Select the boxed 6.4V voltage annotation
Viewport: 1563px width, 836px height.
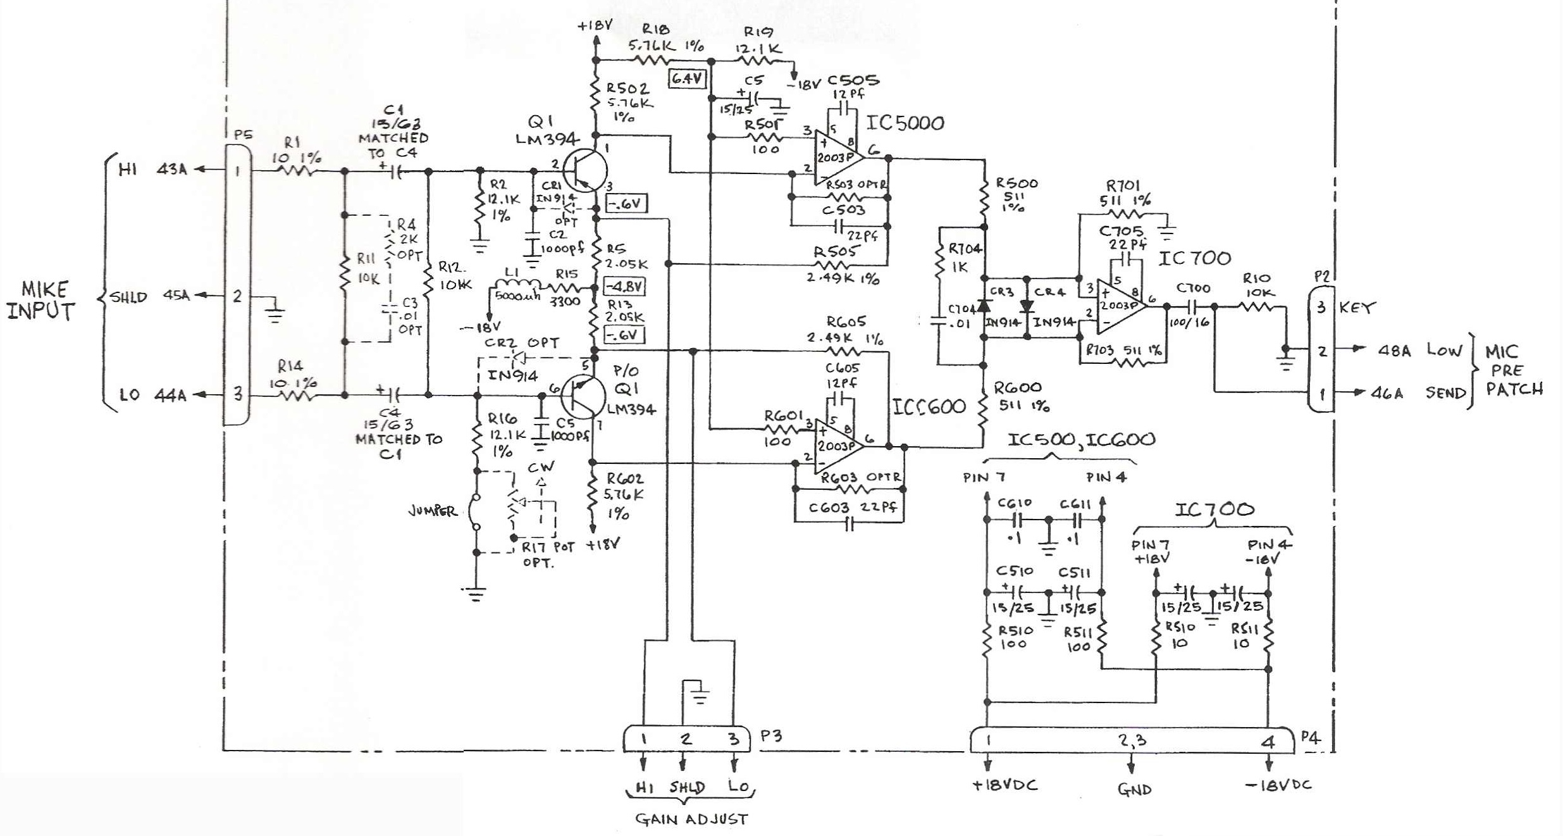pyautogui.click(x=688, y=79)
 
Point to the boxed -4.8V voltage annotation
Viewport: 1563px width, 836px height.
pyautogui.click(x=624, y=286)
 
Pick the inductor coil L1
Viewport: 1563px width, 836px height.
pyautogui.click(x=515, y=286)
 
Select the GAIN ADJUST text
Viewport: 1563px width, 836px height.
pyautogui.click(x=691, y=820)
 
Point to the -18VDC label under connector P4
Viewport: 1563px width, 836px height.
pyautogui.click(x=1278, y=785)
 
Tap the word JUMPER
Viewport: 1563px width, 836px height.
pyautogui.click(x=433, y=511)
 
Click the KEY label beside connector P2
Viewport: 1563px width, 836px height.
pyautogui.click(x=1357, y=308)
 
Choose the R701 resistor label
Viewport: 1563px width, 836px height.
pyautogui.click(x=1123, y=185)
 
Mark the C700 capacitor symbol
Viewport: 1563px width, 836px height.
pyautogui.click(x=1192, y=307)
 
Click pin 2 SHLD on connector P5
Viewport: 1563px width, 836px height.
pyautogui.click(x=237, y=296)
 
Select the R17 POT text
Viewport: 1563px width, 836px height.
pyautogui.click(x=548, y=547)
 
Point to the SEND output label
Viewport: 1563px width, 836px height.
pyautogui.click(x=1445, y=393)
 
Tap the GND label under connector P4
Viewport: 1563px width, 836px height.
pyautogui.click(x=1134, y=789)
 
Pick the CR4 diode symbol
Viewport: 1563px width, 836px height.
pyautogui.click(x=1027, y=306)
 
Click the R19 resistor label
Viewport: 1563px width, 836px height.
pyautogui.click(x=758, y=32)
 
